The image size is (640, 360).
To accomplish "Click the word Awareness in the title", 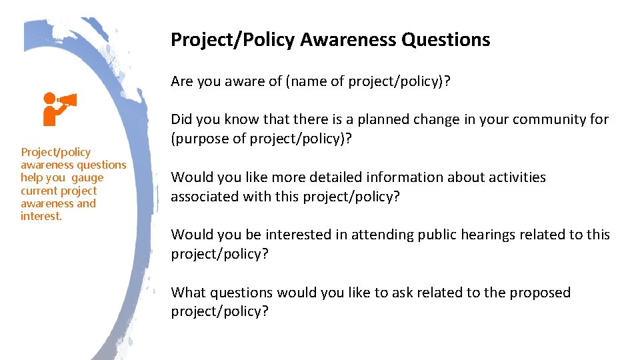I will (348, 40).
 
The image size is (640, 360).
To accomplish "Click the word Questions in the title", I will (446, 40).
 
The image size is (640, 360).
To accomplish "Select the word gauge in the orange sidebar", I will (88, 178).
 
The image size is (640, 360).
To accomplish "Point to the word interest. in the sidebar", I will (41, 217).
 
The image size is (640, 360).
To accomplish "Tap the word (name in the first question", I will (303, 82).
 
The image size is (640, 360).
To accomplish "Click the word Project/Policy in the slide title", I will (232, 40).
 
